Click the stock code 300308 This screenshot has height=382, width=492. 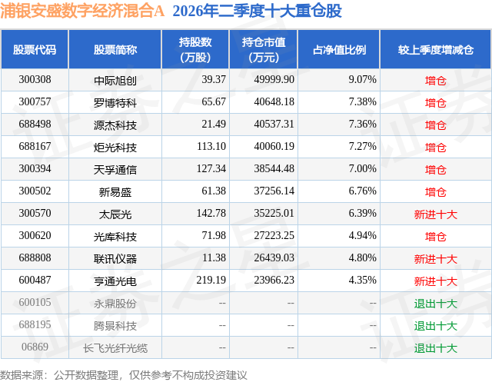tap(35, 80)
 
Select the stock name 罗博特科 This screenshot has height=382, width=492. tap(115, 102)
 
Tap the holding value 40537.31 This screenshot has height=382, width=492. tap(274, 125)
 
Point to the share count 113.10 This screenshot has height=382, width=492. tap(211, 147)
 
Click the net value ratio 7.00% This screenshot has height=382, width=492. tap(362, 169)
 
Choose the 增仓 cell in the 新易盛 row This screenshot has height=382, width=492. tap(436, 191)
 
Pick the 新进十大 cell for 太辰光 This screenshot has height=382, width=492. tap(436, 214)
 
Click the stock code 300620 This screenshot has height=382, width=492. tap(35, 235)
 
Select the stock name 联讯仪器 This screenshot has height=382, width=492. tap(115, 259)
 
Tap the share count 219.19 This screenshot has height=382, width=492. tap(211, 280)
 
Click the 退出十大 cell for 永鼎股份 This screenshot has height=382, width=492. tap(436, 304)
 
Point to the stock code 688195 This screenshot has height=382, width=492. tap(35, 324)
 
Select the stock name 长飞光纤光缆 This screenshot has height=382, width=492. tap(115, 348)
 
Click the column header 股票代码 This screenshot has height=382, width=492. tap(35, 49)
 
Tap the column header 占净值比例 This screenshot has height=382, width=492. tap(339, 49)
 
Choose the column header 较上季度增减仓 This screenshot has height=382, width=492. tap(436, 49)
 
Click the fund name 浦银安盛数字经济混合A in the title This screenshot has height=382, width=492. tap(82, 11)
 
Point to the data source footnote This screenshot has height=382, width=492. tap(123, 375)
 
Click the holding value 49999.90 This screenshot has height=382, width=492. tap(274, 80)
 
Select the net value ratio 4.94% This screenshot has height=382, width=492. tap(362, 235)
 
